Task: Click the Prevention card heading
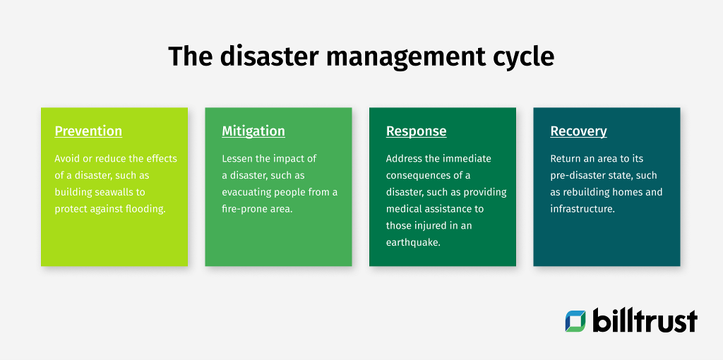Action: [88, 131]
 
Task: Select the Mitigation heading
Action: [253, 131]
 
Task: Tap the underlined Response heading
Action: [416, 131]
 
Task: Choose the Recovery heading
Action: [578, 131]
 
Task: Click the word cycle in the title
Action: [520, 56]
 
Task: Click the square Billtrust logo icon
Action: [575, 321]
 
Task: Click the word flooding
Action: [143, 209]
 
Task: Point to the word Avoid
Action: [68, 158]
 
